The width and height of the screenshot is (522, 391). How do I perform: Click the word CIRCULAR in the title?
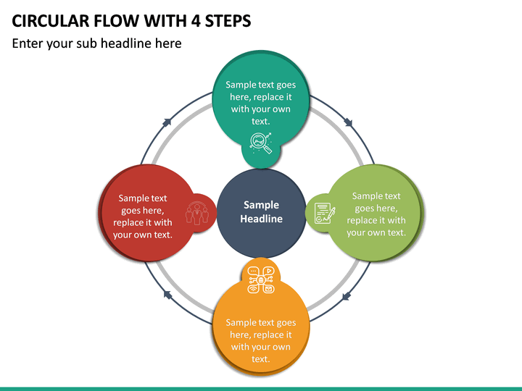click(51, 21)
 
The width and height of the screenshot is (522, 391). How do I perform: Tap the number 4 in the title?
click(196, 21)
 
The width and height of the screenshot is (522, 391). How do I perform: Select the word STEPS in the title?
click(228, 21)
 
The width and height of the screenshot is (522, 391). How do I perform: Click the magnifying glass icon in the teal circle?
click(261, 143)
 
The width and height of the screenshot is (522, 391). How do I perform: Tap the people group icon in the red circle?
click(197, 213)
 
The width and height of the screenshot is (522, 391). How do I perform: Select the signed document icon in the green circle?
click(325, 213)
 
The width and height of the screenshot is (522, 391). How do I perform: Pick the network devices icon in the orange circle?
click(261, 280)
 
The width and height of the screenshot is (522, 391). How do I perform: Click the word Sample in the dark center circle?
click(261, 205)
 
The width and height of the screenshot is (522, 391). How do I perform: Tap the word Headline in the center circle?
click(261, 219)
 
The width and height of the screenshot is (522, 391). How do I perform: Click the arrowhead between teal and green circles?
click(348, 122)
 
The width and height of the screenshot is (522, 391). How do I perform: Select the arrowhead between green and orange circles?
click(347, 296)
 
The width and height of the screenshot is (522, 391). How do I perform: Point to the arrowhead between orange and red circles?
click(167, 295)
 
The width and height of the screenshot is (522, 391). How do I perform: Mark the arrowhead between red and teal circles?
click(167, 122)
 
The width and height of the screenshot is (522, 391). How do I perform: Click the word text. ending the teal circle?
click(261, 121)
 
